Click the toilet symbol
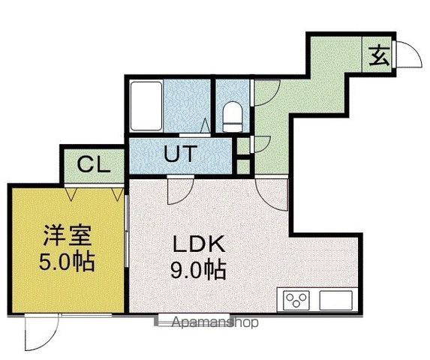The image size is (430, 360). (x=233, y=117)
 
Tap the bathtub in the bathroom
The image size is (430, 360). (x=146, y=106)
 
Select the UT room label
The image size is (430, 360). (x=180, y=154)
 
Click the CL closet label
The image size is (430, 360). (x=94, y=164)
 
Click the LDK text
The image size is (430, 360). (x=199, y=244)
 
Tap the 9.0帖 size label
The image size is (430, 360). (x=198, y=269)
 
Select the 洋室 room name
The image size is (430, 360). (x=67, y=235)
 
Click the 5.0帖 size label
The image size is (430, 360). (x=67, y=261)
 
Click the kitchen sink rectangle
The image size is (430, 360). (x=335, y=300)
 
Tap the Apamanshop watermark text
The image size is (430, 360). (x=215, y=322)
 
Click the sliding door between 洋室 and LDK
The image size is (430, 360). (x=127, y=231)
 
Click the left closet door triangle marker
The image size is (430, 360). (x=71, y=193)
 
